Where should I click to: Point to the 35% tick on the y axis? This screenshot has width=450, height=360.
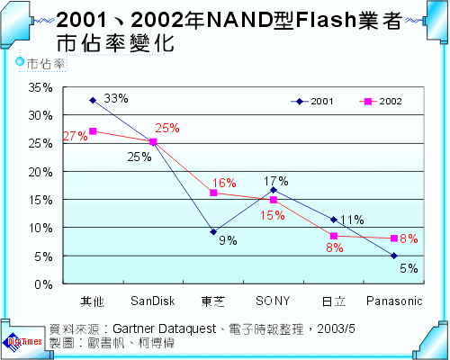(40, 87)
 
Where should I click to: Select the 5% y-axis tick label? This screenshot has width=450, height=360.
(42, 256)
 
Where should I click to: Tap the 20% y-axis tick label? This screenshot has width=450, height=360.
(40, 171)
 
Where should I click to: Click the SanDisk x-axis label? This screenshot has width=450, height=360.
(152, 300)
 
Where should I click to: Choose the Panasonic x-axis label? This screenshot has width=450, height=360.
(393, 300)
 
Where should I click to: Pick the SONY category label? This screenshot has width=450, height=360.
(273, 300)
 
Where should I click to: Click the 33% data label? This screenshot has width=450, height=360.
(115, 97)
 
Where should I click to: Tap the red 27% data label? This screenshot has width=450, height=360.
(75, 136)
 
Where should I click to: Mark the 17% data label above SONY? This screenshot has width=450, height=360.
(275, 181)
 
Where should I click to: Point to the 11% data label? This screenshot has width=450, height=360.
(352, 220)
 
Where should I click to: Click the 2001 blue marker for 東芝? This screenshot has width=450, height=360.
(213, 232)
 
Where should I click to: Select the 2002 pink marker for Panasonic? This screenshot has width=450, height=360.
(394, 238)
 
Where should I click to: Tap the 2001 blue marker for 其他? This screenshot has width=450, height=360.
(92, 100)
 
